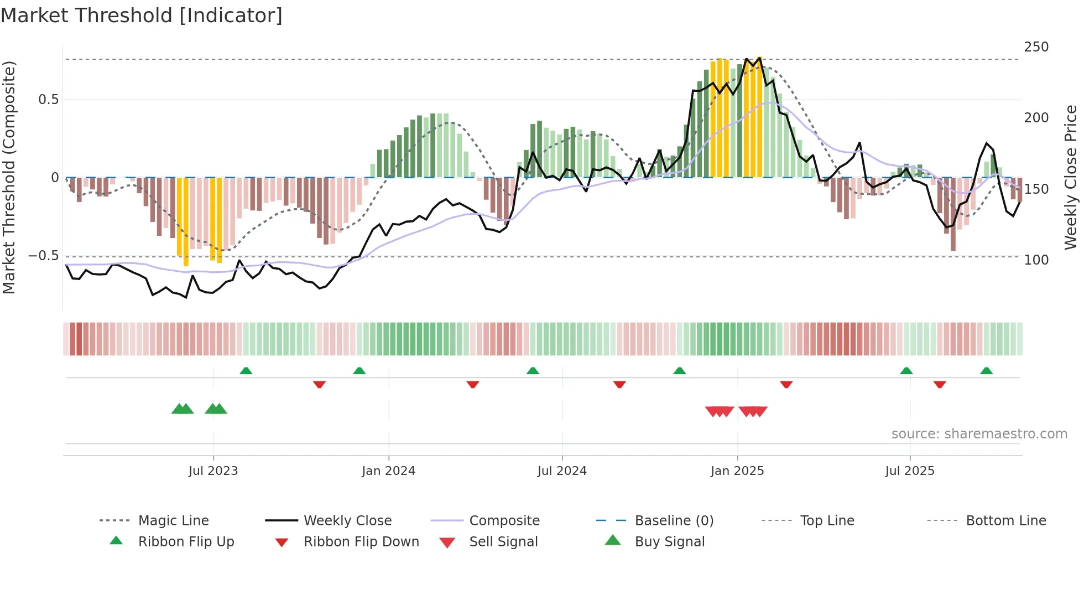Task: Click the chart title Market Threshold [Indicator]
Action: (142, 15)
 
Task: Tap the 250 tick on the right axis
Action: (1036, 47)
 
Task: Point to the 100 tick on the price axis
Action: (1036, 260)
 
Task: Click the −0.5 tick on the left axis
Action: (43, 256)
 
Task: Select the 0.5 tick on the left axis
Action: (48, 100)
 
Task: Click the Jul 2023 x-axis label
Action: (213, 471)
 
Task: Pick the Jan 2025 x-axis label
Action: (737, 471)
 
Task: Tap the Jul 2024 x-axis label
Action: (562, 471)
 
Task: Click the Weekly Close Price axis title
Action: (1071, 177)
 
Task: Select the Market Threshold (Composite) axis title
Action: (9, 177)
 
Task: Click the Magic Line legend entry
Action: (173, 521)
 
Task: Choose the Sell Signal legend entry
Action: (503, 542)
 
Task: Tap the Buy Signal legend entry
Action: (669, 542)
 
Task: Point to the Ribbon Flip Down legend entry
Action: (361, 542)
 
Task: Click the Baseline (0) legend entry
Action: (674, 521)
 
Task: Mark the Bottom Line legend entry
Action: (1005, 521)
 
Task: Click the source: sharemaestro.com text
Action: (979, 434)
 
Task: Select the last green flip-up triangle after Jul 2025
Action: (986, 371)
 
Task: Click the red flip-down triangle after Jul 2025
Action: (940, 384)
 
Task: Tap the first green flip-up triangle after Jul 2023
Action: (246, 371)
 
